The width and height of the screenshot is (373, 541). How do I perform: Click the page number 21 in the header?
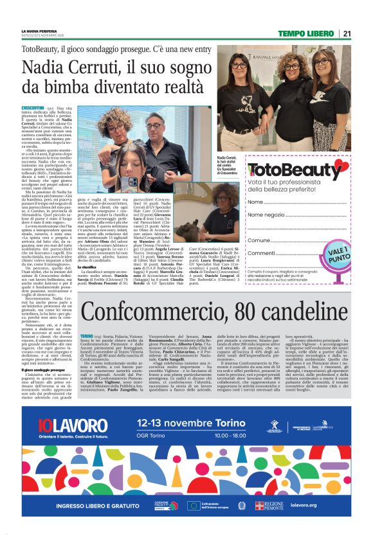[347, 34]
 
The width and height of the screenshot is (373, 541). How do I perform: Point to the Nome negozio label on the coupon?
[266, 215]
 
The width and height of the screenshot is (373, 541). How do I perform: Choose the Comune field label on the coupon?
[259, 240]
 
